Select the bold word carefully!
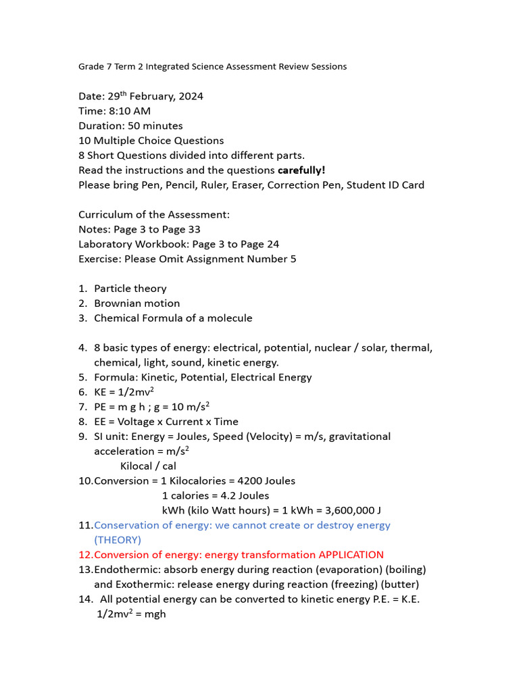(301, 170)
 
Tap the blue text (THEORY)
(118, 540)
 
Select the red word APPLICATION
(351, 555)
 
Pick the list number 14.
(85, 599)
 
